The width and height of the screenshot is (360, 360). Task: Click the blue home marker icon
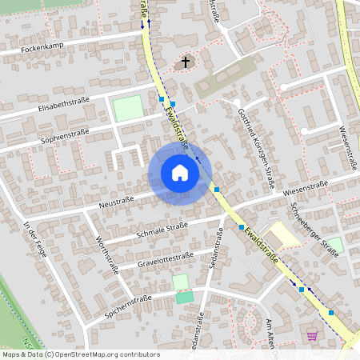point(180,173)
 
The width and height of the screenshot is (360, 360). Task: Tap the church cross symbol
point(186,62)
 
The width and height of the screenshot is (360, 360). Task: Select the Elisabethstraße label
point(62,104)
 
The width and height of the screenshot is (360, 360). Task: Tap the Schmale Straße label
point(162,228)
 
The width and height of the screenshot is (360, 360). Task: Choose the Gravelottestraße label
point(166,258)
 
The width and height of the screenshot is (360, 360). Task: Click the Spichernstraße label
point(128,305)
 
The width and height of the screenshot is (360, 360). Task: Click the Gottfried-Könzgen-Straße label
point(260,149)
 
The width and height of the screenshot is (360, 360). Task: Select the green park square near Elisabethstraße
point(128,109)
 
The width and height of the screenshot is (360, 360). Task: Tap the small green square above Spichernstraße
point(182,282)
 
